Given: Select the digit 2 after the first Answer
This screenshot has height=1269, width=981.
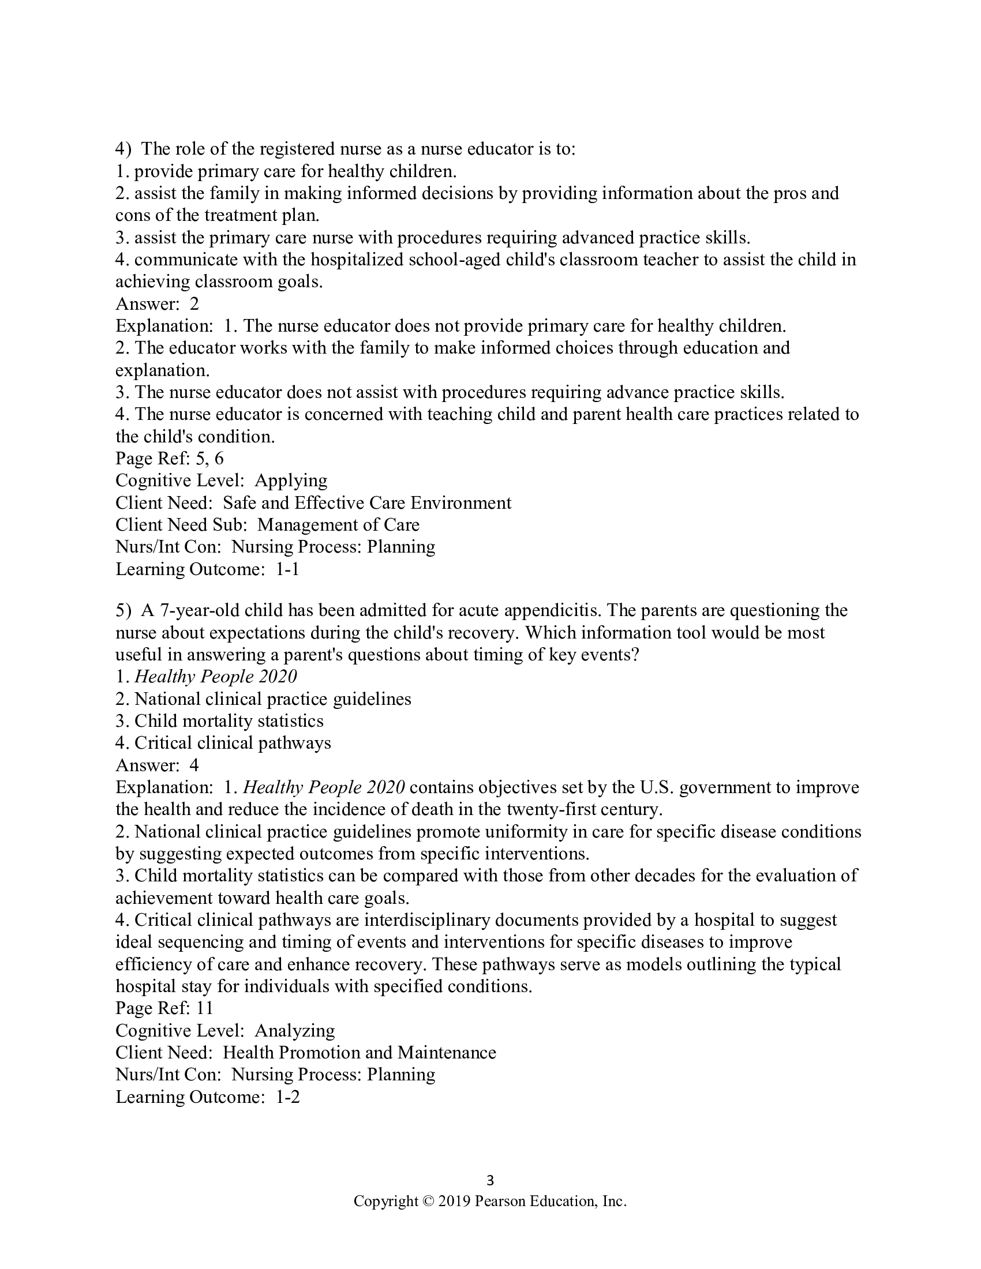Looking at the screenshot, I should click(x=194, y=304).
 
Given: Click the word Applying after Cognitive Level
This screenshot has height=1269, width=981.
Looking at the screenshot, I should click(x=291, y=481).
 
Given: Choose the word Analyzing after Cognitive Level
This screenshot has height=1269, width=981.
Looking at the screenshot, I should click(x=295, y=1031).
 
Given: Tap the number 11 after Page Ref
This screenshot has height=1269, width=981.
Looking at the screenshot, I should click(x=205, y=1009).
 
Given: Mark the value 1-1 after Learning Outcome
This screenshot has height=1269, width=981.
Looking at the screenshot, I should click(x=287, y=569).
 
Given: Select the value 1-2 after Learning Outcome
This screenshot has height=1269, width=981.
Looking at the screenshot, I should click(x=287, y=1097).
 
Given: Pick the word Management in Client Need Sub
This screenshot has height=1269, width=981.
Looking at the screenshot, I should click(x=301, y=525).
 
